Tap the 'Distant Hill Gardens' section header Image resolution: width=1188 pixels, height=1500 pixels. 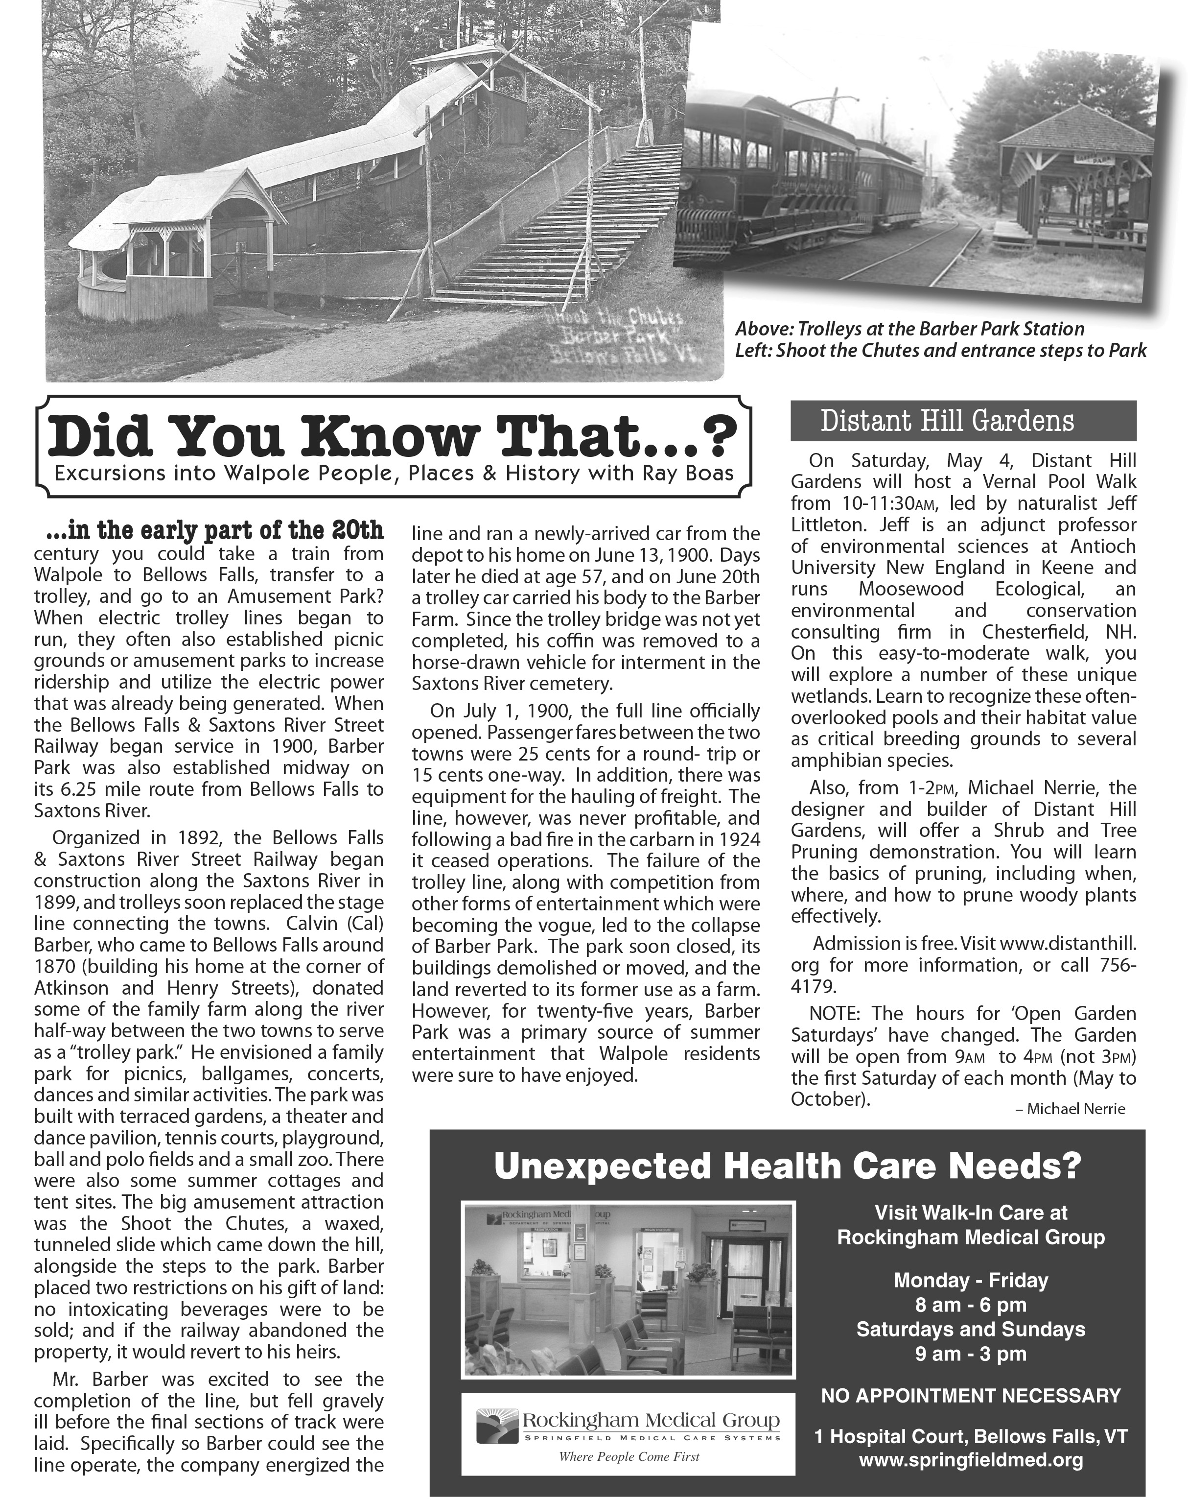(947, 421)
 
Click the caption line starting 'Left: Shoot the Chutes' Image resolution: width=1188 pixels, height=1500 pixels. (940, 351)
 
